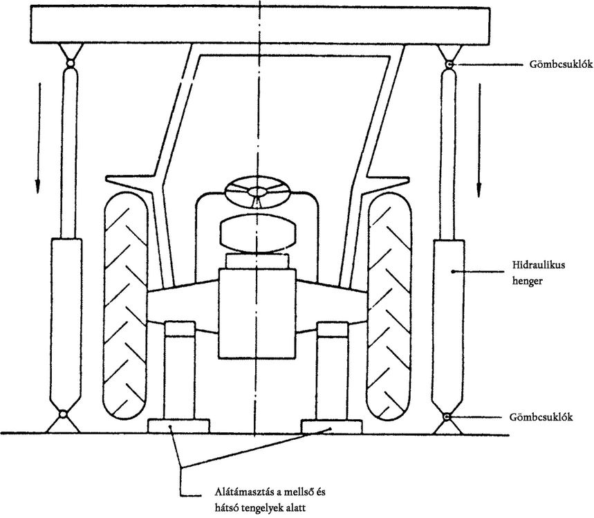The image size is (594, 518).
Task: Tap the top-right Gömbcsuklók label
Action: coord(561,64)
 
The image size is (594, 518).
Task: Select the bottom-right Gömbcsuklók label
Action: coord(541,417)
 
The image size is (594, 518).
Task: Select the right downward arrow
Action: coord(479,140)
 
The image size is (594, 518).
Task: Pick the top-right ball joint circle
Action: coord(449,65)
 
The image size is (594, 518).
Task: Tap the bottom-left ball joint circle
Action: coord(63,414)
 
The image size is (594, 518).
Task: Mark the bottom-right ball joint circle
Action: coord(448,417)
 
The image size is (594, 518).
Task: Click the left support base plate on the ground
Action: coord(179,426)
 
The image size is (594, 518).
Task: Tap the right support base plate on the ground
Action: coord(332,426)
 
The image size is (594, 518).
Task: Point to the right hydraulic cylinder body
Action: coord(449,326)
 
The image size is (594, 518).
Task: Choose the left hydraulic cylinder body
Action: coord(66,324)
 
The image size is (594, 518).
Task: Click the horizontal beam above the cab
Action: coord(259,25)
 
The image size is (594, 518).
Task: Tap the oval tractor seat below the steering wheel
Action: coord(258,234)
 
